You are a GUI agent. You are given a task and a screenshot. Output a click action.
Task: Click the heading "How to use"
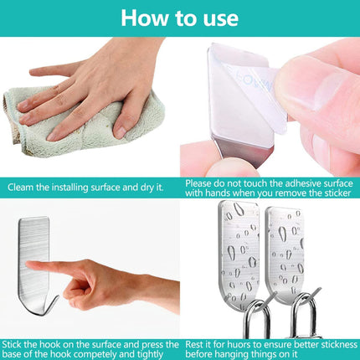[x=179, y=18]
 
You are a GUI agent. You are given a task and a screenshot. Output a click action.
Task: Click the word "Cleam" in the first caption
[x=23, y=188]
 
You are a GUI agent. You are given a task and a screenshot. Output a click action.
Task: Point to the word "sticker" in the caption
[x=330, y=193]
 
